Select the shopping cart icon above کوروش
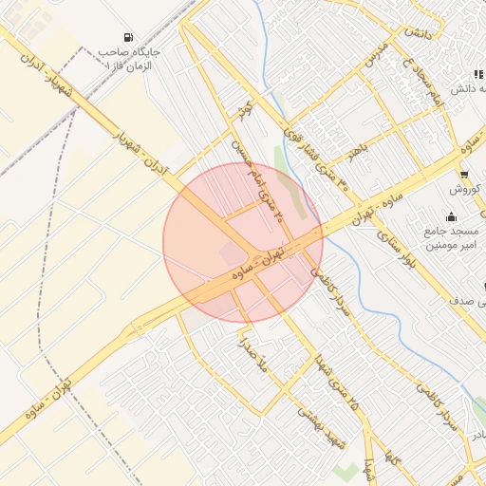coord(463,175)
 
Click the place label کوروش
coord(467,189)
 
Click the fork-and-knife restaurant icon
coord(478,75)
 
